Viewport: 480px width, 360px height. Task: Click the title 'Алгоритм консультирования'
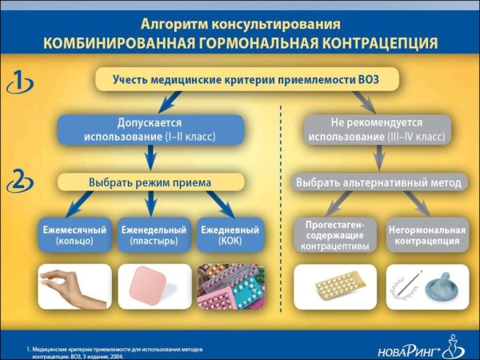(x=239, y=23)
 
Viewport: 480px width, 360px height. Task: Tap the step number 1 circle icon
(x=18, y=81)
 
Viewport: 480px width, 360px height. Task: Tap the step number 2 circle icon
(x=18, y=182)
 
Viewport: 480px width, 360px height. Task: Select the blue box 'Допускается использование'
(x=150, y=130)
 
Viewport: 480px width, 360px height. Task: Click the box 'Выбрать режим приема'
(x=150, y=182)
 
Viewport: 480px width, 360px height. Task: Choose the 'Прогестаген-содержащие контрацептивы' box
(x=334, y=235)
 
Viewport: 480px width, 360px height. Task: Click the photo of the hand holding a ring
(x=74, y=286)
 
